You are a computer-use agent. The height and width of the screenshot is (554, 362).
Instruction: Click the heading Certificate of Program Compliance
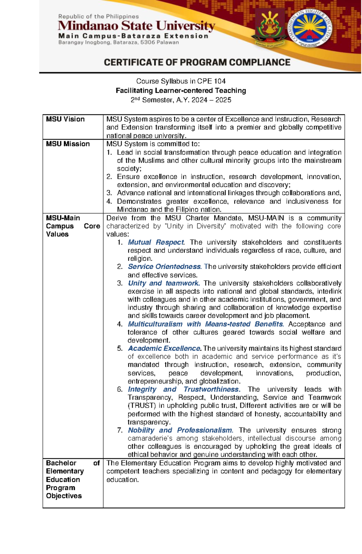click(197, 62)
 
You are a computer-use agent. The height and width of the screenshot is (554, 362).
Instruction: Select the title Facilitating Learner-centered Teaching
click(181, 91)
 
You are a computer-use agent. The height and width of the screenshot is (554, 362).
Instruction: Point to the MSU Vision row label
click(65, 119)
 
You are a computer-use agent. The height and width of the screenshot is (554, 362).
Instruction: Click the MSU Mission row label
click(68, 144)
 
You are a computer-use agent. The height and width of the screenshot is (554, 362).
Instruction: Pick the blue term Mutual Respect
click(156, 242)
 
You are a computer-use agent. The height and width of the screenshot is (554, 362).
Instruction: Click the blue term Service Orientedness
click(164, 267)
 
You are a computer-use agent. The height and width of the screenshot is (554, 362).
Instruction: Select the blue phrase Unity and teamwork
click(163, 283)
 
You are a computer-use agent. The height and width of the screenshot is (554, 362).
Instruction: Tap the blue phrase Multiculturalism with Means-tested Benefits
click(205, 324)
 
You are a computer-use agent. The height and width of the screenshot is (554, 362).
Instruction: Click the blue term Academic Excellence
click(164, 348)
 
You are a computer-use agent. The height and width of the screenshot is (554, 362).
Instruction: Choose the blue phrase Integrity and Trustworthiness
click(183, 389)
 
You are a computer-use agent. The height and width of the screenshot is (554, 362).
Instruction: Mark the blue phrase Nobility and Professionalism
click(180, 430)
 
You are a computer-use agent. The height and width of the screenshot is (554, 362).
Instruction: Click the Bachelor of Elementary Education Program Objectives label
click(72, 479)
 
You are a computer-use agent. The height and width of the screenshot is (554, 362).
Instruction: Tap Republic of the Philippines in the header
click(98, 17)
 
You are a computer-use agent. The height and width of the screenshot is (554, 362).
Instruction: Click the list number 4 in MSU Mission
click(109, 201)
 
